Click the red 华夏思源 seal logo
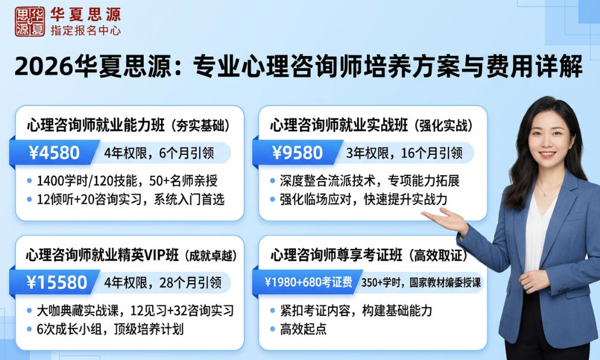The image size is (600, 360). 29,22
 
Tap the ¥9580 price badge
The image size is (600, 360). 297,153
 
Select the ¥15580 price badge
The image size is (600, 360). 57,281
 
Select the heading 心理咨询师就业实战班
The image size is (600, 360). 339,126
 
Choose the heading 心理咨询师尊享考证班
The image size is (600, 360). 339,255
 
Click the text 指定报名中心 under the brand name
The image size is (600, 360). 85,30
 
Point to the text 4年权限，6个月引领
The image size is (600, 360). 158,153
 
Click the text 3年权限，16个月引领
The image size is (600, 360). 404,153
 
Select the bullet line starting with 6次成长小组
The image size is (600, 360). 110,329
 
